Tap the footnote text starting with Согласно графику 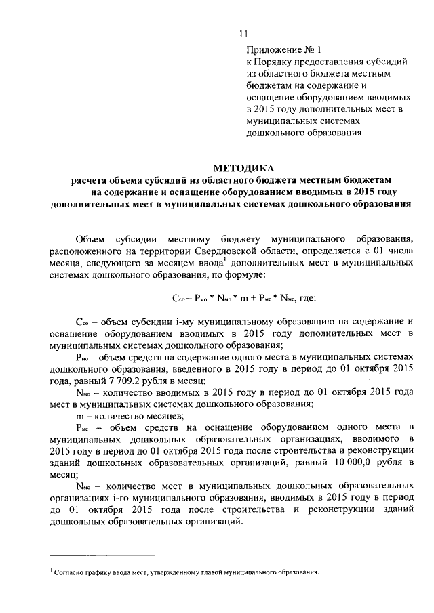[x=186, y=573]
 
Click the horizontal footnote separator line [x=102, y=553]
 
